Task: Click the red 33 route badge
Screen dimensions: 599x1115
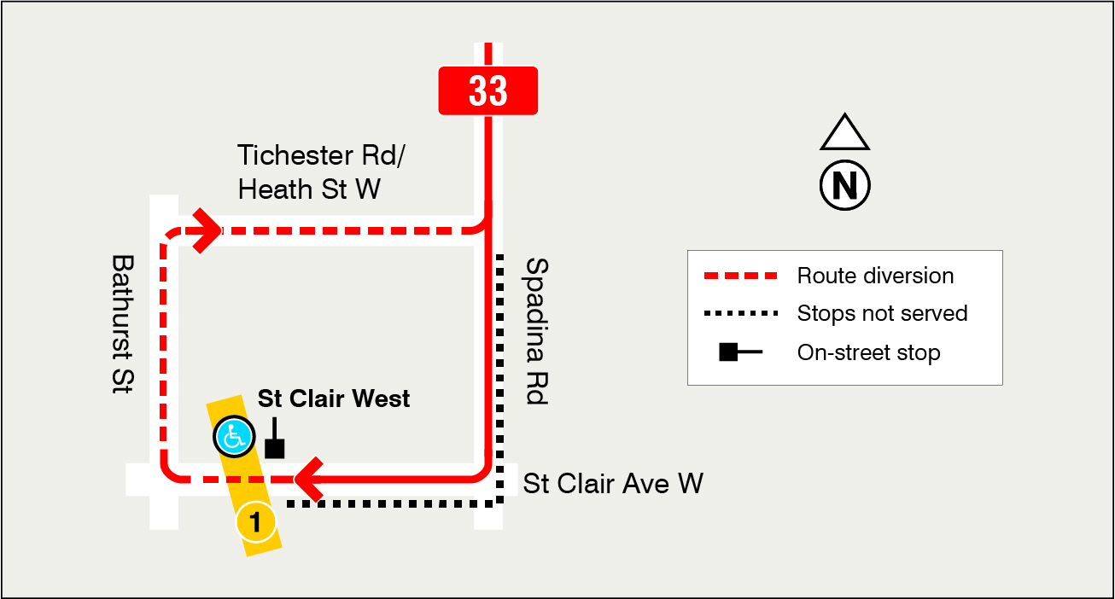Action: [488, 90]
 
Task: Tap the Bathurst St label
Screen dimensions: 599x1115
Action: [124, 324]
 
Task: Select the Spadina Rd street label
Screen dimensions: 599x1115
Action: [536, 331]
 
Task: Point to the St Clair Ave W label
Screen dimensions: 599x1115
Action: [612, 484]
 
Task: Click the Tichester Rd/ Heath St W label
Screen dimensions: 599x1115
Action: [309, 172]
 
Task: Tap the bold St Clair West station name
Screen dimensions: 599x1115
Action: [334, 398]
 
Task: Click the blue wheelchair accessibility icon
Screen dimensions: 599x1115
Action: [233, 436]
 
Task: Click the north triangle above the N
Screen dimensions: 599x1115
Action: [844, 134]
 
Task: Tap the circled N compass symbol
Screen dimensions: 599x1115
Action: [844, 185]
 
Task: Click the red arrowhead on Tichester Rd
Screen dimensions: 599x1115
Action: [207, 230]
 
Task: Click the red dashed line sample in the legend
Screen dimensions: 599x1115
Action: [740, 276]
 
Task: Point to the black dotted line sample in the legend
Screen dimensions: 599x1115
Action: [740, 314]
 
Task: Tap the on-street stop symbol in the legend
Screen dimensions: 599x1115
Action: [738, 352]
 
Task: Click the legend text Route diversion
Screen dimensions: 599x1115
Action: [875, 276]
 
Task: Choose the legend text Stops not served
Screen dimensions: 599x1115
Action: [882, 314]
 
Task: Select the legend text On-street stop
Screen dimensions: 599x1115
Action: [868, 352]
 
